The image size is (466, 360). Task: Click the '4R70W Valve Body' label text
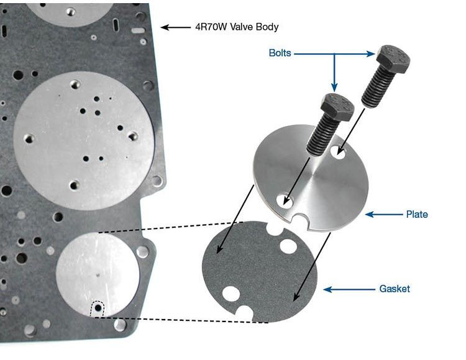coord(237,27)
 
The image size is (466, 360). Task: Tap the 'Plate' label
coord(417,214)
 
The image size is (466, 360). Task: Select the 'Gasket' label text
coord(395,289)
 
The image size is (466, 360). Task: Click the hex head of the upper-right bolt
coord(392,58)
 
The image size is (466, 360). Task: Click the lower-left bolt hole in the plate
coord(285,200)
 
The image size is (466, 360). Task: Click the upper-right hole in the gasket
coord(288,246)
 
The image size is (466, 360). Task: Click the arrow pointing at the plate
coord(382,214)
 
